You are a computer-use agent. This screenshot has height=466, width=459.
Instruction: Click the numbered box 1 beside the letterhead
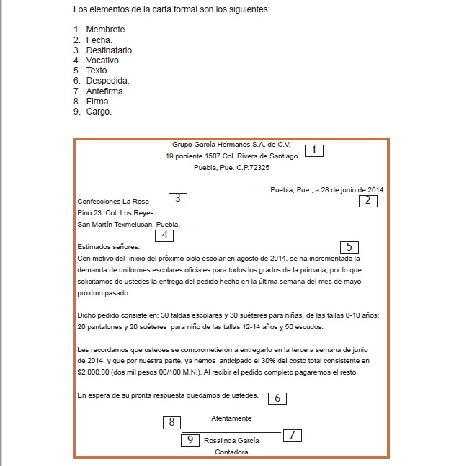click(313, 151)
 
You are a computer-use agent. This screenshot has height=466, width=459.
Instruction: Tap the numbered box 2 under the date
click(367, 201)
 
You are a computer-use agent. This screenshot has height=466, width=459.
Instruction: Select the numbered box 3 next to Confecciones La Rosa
click(178, 199)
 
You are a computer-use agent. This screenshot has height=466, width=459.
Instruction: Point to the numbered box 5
click(349, 247)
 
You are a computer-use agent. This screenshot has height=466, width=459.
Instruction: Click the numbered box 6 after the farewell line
click(277, 398)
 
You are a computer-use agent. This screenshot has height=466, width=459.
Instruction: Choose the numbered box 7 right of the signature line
click(292, 435)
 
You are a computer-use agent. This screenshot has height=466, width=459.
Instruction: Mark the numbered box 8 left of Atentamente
click(171, 422)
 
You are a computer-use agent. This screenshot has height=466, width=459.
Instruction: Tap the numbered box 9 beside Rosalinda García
click(190, 439)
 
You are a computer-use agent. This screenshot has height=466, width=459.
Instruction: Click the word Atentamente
click(231, 418)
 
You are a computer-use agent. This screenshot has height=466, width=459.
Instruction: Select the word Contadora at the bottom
click(231, 452)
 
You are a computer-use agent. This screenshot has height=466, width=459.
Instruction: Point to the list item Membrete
click(106, 30)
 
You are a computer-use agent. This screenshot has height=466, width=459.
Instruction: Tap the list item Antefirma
click(106, 91)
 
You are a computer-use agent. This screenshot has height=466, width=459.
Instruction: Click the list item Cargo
click(99, 112)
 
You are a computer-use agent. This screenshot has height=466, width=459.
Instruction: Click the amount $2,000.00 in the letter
click(94, 372)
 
